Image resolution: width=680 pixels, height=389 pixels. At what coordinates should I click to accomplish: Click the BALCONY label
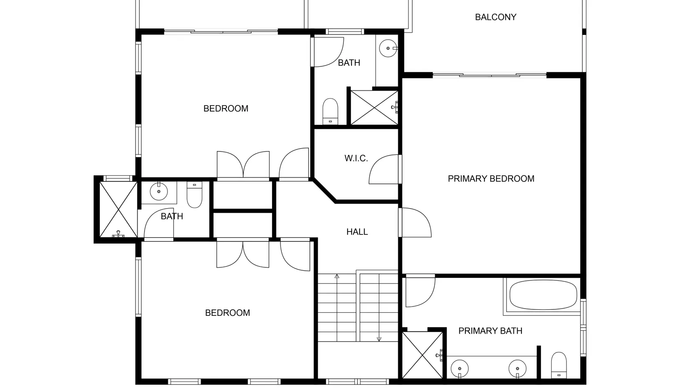tap(496, 17)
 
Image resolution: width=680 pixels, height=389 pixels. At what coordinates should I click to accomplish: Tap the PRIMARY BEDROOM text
tap(491, 179)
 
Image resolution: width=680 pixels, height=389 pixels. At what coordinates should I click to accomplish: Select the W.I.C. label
tap(356, 158)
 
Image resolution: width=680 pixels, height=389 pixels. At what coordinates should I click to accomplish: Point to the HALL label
tap(357, 232)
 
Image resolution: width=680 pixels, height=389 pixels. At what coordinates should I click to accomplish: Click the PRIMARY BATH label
tap(490, 331)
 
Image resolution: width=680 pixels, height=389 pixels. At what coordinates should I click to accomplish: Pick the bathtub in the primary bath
tap(543, 295)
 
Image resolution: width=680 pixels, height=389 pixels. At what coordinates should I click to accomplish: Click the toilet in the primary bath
tap(559, 365)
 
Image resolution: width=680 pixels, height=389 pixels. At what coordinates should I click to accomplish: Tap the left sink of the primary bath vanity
tap(459, 369)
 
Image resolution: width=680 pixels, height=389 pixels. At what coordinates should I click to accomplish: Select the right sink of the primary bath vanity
tap(518, 369)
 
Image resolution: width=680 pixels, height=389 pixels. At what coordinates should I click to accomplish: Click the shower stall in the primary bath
tap(422, 355)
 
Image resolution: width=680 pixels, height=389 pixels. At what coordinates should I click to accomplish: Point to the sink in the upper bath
tap(388, 49)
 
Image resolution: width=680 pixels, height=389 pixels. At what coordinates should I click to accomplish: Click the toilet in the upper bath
tap(330, 111)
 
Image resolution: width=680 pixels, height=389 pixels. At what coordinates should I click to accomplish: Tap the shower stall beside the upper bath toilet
tap(374, 107)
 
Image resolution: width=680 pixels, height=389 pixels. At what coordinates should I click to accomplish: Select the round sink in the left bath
tap(159, 192)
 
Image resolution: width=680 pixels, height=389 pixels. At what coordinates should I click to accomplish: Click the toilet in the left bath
tap(194, 195)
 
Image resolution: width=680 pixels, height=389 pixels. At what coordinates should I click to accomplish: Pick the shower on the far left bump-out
tap(119, 209)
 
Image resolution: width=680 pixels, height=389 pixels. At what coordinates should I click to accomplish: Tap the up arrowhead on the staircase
tap(337, 276)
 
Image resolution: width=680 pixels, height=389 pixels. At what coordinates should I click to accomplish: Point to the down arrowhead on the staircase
tap(379, 339)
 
